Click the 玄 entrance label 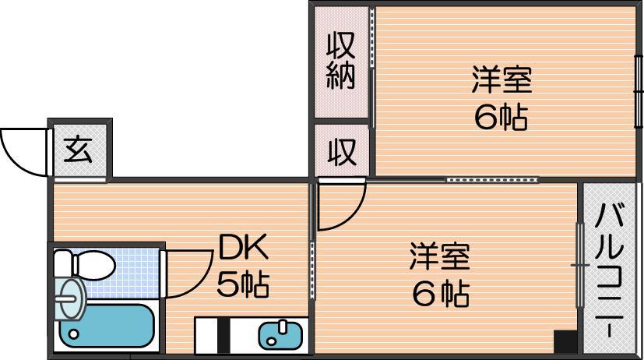(x=78, y=150)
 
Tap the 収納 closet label (x=340, y=61)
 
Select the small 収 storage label (x=342, y=152)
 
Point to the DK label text (x=243, y=246)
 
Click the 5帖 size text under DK (x=243, y=284)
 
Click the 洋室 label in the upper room (x=501, y=79)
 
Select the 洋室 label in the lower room (x=440, y=256)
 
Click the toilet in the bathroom (x=84, y=264)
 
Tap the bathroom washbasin (x=71, y=298)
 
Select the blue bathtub (x=107, y=325)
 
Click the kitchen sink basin (x=280, y=334)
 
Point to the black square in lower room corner (x=565, y=341)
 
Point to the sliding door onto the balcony (x=580, y=266)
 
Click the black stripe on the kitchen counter (x=223, y=335)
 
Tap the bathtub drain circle (x=74, y=334)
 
